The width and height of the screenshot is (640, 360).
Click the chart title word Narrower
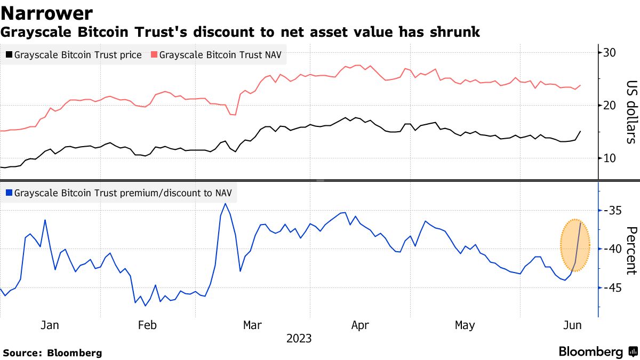pyautogui.click(x=47, y=13)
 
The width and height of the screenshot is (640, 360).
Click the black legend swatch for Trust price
pyautogui.click(x=9, y=55)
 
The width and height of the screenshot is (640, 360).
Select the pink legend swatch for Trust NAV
pyautogui.click(x=154, y=55)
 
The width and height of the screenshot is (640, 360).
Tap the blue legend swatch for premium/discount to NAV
pyautogui.click(x=9, y=193)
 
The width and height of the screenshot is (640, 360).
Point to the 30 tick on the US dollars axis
pyautogui.click(x=610, y=53)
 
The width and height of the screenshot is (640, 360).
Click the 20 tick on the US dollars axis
pyautogui.click(x=610, y=106)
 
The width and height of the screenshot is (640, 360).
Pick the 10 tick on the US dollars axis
pyautogui.click(x=610, y=158)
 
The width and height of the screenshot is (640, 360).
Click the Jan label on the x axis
pyautogui.click(x=50, y=325)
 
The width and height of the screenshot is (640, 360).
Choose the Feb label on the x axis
pyautogui.click(x=147, y=325)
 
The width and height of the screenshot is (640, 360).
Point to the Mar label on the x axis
pyautogui.click(x=252, y=325)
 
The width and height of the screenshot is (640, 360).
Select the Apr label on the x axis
pyautogui.click(x=361, y=325)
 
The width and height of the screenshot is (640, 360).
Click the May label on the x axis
pyautogui.click(x=465, y=325)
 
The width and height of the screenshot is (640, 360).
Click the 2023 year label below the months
pyautogui.click(x=299, y=339)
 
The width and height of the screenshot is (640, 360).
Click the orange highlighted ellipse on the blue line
pyautogui.click(x=575, y=245)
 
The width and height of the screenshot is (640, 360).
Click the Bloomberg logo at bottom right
pyautogui.click(x=597, y=352)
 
